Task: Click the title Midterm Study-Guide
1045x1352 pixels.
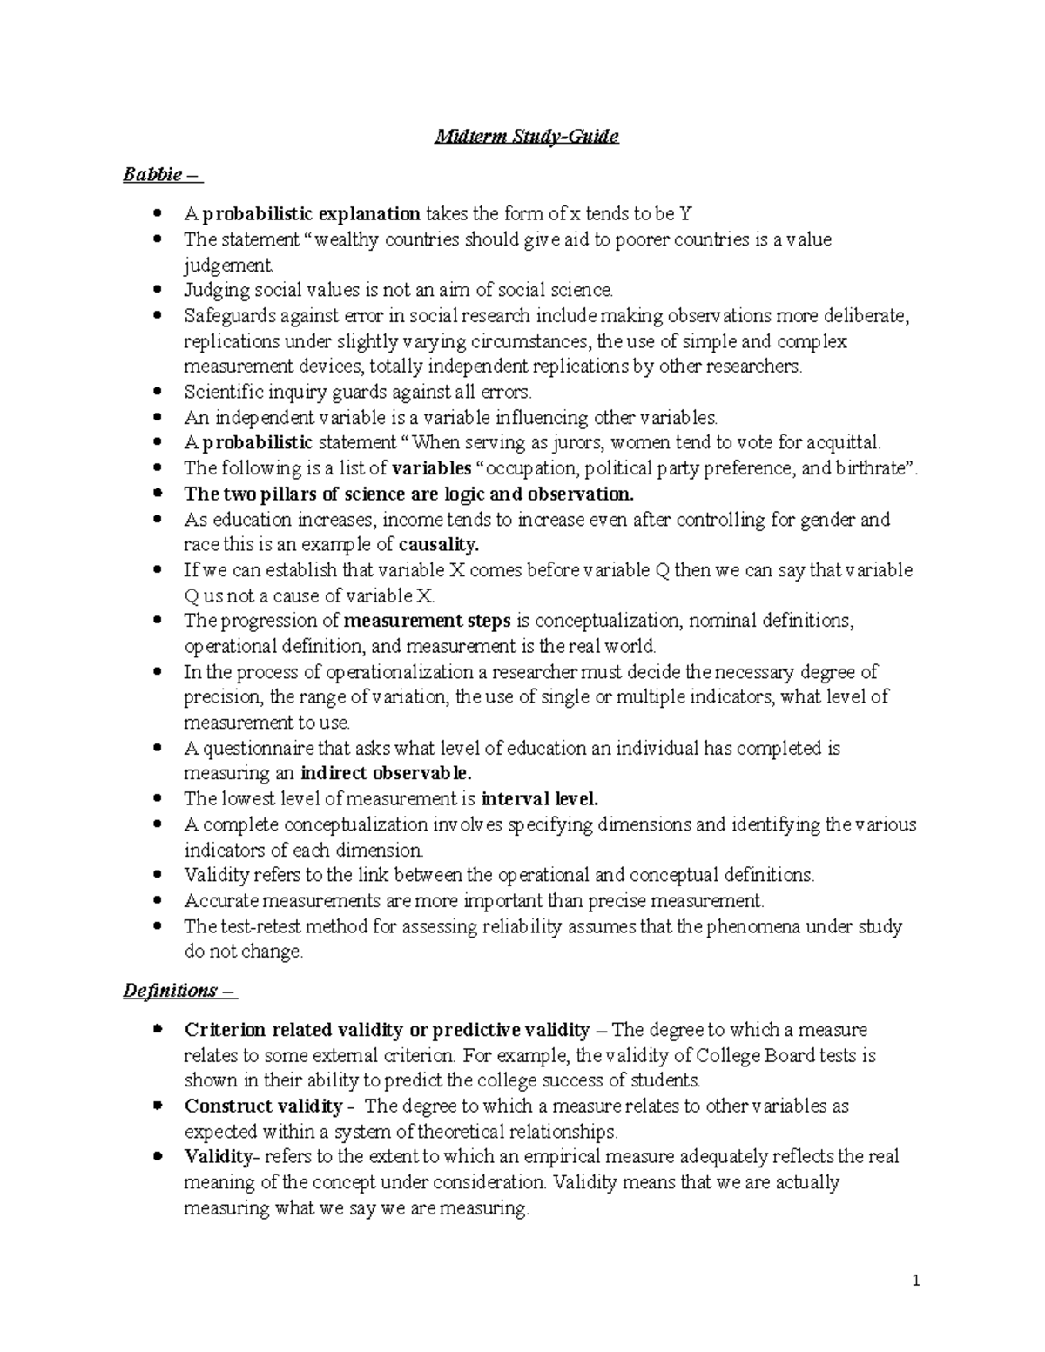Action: coord(527,137)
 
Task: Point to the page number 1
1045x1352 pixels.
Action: coord(916,1281)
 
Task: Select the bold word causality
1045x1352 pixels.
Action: coord(439,545)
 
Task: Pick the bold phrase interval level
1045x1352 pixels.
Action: coord(540,799)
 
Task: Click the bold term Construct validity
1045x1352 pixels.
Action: coord(263,1106)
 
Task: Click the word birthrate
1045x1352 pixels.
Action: coord(872,468)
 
